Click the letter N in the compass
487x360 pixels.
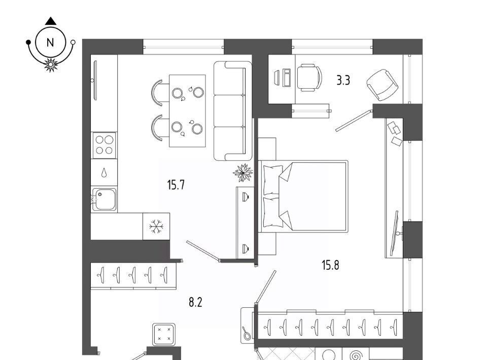point(50,43)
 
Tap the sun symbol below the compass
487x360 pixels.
point(51,64)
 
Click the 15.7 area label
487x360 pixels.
point(176,185)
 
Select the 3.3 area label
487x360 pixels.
point(343,81)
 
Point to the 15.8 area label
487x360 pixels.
point(330,265)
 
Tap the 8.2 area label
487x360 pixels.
point(195,302)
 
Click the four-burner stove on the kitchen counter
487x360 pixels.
point(104,145)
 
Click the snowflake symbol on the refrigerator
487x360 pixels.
point(156,226)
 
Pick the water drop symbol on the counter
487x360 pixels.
point(104,172)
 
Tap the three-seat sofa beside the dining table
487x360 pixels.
point(233,111)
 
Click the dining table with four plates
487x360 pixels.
point(187,111)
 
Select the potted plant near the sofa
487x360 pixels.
point(243,172)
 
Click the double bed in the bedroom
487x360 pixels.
point(303,196)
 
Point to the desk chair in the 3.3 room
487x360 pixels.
point(309,78)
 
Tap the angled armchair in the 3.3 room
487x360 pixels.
point(382,85)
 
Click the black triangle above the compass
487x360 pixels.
point(51,21)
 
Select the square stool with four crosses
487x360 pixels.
point(164,334)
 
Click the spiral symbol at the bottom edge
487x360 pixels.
point(356,355)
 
